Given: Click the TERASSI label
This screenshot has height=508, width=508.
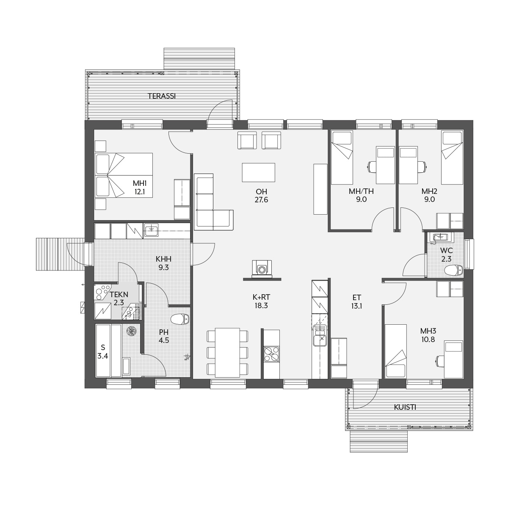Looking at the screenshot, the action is (x=162, y=96).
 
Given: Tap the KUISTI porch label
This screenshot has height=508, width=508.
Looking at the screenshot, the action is (x=405, y=407).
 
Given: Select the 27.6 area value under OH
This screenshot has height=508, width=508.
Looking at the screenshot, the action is (x=261, y=200).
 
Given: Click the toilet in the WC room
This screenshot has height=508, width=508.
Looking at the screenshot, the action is (x=453, y=270).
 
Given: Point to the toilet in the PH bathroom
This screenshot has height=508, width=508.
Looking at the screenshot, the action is (x=180, y=319).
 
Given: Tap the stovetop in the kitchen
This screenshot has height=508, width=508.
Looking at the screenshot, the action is (x=272, y=354).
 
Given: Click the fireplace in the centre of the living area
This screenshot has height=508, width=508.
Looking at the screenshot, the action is (x=262, y=269).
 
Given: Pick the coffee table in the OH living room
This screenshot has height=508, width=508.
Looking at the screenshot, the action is (x=259, y=172).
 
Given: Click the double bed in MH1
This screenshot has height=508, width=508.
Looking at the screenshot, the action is (x=124, y=175).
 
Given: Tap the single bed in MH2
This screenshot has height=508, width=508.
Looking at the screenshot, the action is (x=452, y=157).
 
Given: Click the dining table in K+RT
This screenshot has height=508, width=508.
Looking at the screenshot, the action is (x=227, y=353).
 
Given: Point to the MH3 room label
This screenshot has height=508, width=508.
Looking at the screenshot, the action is (x=428, y=331).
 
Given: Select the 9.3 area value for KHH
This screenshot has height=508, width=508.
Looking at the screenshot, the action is (x=163, y=268).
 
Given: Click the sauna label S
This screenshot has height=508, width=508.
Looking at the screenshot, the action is (x=103, y=347).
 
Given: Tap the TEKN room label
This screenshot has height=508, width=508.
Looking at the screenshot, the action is (x=119, y=294).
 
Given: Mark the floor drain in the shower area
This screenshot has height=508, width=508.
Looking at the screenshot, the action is (x=131, y=331).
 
